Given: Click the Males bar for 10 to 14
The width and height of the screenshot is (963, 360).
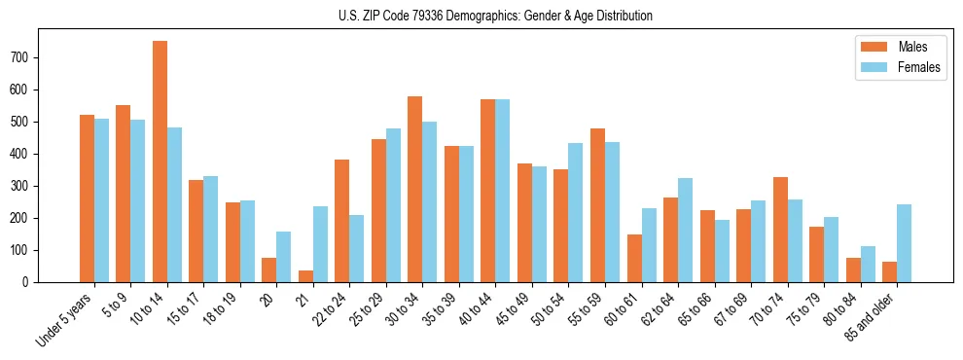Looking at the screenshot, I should [x=160, y=162].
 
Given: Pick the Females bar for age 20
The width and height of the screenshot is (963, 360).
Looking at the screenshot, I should [x=284, y=257].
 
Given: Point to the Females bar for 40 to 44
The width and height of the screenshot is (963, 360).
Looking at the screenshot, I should [x=503, y=191].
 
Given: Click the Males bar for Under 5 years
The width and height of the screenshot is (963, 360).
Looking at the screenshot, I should [x=87, y=198].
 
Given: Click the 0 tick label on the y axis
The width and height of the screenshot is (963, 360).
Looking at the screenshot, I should [x=30, y=282].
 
